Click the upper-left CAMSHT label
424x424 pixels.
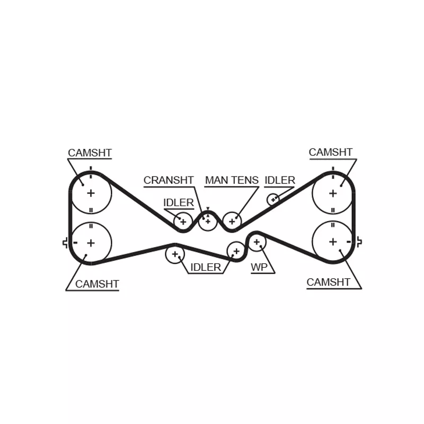pos(90,153)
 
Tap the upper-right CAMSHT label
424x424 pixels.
pos(330,152)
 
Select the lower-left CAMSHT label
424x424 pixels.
pos(97,284)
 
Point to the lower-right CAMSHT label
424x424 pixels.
pos(328,282)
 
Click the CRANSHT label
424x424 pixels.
pos(169,180)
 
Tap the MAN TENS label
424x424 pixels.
pos(232,180)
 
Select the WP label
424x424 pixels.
pos(259,267)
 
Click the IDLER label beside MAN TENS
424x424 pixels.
pos(280,180)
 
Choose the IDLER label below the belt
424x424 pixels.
pos(206,268)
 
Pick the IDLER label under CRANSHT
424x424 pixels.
pos(179,202)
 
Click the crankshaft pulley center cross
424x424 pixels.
pos(208,222)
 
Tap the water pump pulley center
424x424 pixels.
pos(257,242)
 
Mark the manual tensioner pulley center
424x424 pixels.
pos(232,222)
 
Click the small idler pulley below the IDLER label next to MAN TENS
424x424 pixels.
pos(273,200)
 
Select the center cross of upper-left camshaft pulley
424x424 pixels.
pos(91,193)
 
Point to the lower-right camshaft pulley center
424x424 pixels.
pos(333,242)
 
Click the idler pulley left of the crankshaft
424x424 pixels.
pos(183,222)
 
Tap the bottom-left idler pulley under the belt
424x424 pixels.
pos(175,254)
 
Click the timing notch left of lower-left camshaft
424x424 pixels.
pos(65,243)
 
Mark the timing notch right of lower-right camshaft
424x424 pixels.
pos(359,242)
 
